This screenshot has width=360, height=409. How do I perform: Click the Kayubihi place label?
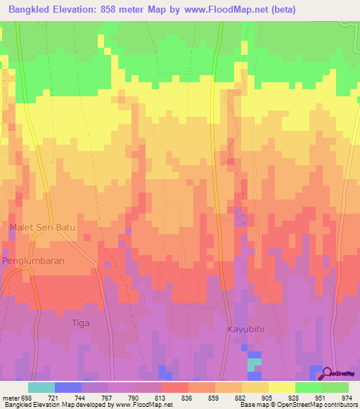point(245,328)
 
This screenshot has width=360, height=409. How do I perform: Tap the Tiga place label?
point(82,323)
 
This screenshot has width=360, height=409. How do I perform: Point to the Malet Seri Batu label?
point(43,227)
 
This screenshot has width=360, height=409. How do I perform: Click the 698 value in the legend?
point(27,398)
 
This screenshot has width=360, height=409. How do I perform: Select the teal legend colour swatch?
point(41,387)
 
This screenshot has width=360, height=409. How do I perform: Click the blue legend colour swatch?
point(67,387)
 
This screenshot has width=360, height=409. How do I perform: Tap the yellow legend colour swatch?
point(281,387)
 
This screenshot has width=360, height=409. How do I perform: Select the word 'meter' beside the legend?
point(10,398)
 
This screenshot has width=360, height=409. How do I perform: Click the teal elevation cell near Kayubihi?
point(254,364)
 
